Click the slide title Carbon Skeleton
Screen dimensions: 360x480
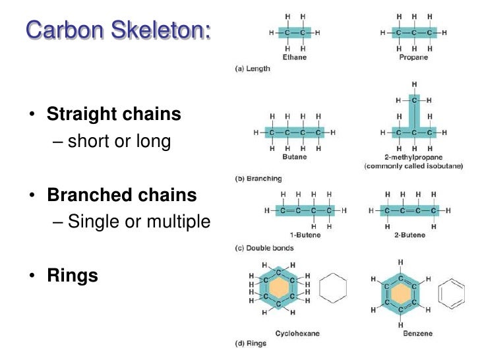(119, 30)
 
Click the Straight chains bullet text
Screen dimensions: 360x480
(113, 114)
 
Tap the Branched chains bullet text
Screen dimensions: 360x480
(121, 195)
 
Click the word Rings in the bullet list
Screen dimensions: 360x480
(73, 275)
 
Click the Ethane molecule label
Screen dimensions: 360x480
(294, 57)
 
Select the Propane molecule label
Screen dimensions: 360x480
(413, 57)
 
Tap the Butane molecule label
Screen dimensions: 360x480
(294, 158)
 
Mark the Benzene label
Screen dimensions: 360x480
(418, 334)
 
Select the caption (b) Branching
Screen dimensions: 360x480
(258, 179)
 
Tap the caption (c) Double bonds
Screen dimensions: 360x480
(264, 249)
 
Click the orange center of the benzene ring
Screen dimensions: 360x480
(400, 294)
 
